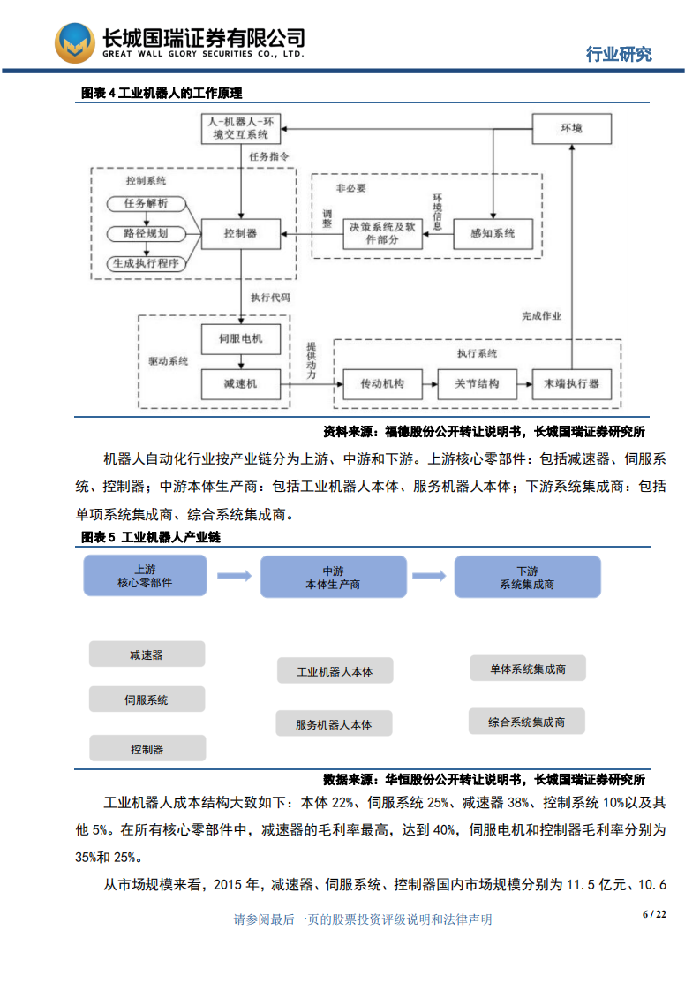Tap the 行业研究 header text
tap(620, 54)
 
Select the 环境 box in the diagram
tap(571, 129)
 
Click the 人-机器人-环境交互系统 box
tap(241, 129)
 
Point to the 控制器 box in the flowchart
tap(240, 234)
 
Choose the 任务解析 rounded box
tap(147, 204)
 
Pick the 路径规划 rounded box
tap(147, 234)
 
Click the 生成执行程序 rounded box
tap(147, 263)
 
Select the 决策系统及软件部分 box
tap(382, 234)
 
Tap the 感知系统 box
tap(493, 234)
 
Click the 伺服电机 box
tap(240, 338)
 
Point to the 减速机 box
tap(240, 383)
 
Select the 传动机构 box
tap(382, 383)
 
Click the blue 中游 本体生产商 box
tap(333, 578)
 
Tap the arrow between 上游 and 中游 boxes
tap(234, 576)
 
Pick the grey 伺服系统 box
tap(147, 700)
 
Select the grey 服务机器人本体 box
tap(334, 724)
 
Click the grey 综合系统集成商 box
tap(527, 722)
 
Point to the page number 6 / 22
tap(653, 914)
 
